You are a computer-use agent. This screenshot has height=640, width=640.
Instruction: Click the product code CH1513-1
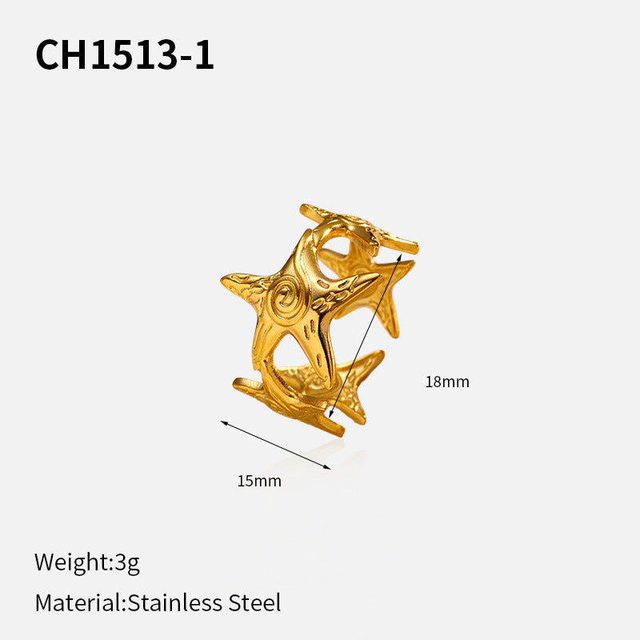click(125, 54)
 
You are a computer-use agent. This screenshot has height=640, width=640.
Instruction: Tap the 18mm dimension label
click(447, 382)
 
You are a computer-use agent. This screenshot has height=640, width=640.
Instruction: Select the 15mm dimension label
click(259, 481)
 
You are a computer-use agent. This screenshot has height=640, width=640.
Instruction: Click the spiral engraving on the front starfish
click(285, 297)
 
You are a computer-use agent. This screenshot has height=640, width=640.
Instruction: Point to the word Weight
click(72, 562)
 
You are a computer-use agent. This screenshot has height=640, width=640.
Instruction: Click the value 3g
click(127, 562)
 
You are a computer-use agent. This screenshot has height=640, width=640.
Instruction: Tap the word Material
click(78, 602)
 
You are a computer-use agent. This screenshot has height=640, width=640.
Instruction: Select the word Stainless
click(174, 602)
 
